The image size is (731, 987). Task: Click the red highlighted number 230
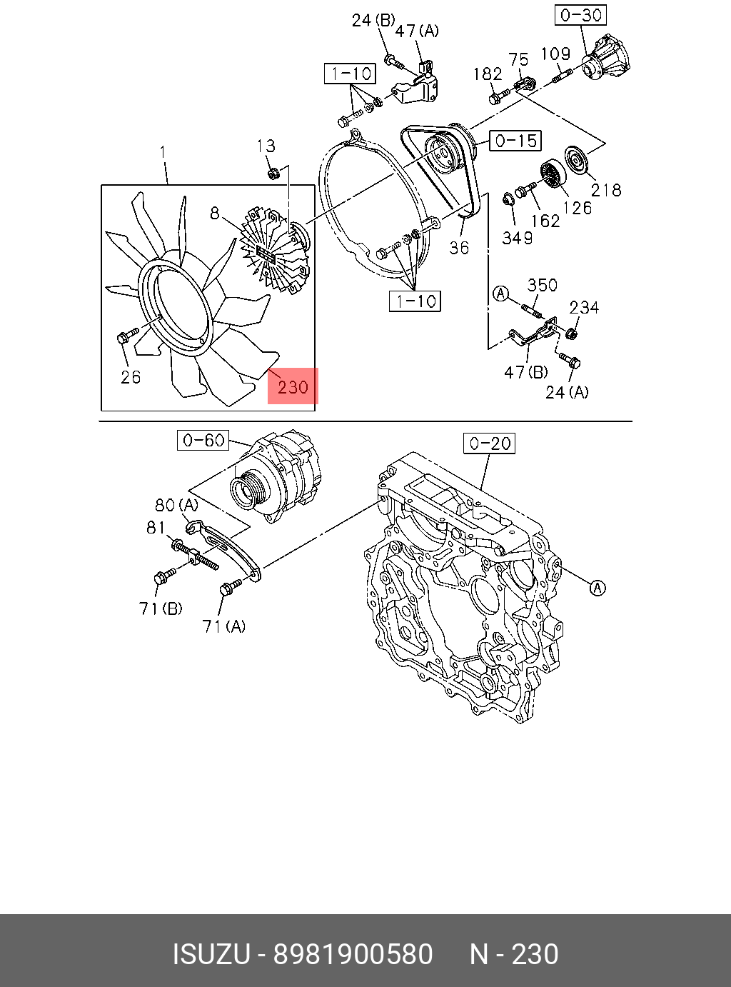point(293,387)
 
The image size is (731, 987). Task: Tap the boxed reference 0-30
point(581,15)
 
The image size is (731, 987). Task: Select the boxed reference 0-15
point(515,141)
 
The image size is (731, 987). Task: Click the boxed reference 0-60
point(203,440)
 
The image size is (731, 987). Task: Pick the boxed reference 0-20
point(489,444)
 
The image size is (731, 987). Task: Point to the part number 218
point(606,190)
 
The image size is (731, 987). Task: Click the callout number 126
point(577,208)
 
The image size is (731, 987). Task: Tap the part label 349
point(517,238)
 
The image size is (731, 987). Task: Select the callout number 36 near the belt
point(459,247)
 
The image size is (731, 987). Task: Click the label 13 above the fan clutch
point(266,146)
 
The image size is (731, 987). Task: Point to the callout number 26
point(130,377)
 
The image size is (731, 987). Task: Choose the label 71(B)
point(161,608)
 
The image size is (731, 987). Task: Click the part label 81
point(156,528)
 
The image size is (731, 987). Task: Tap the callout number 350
point(542,286)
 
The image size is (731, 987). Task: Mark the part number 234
point(584,308)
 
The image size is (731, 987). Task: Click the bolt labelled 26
point(127,336)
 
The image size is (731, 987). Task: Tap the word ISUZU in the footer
point(211,955)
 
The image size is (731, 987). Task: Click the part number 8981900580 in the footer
point(353,955)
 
